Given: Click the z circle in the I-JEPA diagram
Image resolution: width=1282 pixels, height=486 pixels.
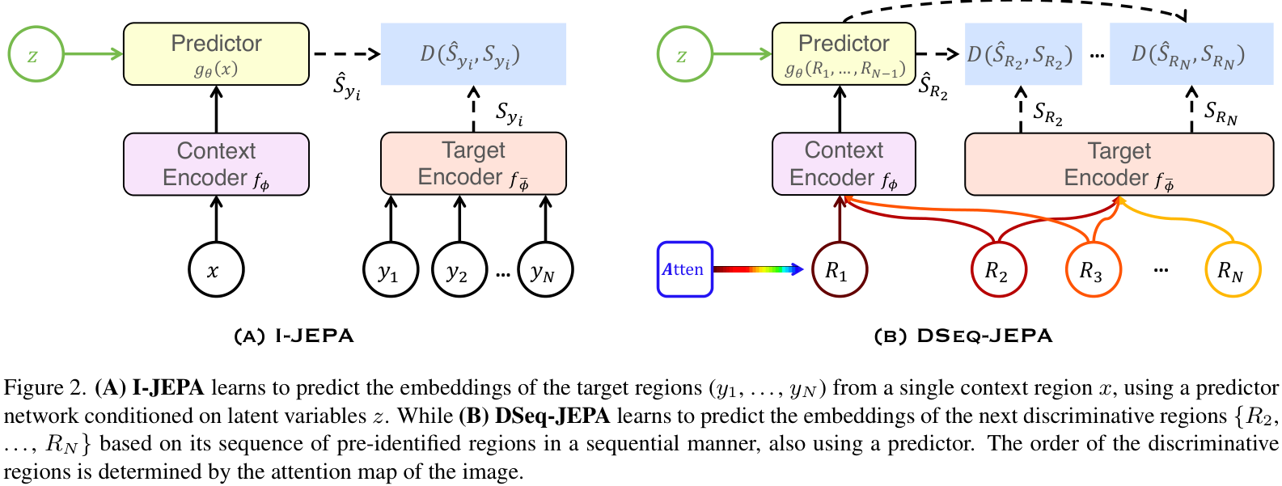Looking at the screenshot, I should (36, 55).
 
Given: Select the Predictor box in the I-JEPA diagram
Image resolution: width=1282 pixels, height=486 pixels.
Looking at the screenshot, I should (216, 54).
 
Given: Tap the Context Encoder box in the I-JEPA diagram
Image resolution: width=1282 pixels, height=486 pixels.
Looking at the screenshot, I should (216, 164).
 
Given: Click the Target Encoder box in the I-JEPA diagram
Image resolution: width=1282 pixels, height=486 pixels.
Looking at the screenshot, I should (473, 163).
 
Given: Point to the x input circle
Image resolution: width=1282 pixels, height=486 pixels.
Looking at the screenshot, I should (215, 270).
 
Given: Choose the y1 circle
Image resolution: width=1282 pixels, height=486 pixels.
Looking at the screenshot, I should (391, 270).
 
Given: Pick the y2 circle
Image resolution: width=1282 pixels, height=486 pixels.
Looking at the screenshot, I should (459, 270).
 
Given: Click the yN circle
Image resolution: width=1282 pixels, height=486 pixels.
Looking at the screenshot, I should (544, 270).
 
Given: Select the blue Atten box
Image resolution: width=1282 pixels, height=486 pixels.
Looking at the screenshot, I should (684, 269).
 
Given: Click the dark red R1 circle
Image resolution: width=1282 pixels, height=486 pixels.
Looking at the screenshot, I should (839, 270).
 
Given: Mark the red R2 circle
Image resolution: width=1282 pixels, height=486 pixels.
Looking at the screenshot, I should (998, 270).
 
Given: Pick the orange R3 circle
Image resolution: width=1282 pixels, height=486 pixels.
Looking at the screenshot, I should (1093, 270).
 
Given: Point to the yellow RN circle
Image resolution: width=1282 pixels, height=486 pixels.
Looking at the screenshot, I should (1232, 270).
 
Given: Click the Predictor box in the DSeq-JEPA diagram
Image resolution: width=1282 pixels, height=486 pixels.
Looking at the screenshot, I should (844, 54).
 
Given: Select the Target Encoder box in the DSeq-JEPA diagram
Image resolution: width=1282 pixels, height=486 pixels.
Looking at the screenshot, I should (1119, 164).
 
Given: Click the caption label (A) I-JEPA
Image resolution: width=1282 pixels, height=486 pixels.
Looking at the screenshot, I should (294, 336).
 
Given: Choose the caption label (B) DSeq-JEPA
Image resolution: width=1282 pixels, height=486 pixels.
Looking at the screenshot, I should (963, 336).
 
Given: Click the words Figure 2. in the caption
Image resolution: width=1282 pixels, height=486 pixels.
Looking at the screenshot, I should (45, 388).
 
